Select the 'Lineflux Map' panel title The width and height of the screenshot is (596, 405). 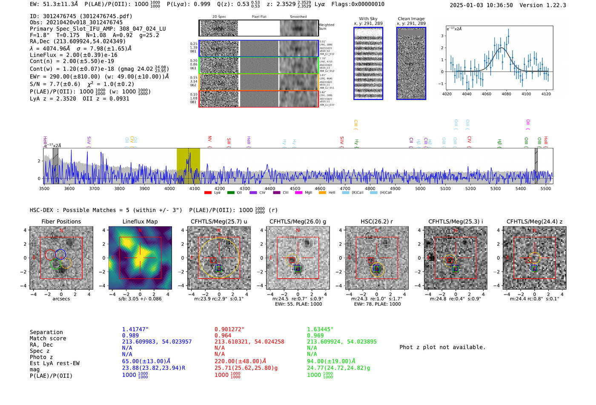pos(140,221)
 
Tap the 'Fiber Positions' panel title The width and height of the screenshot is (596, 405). pos(61,221)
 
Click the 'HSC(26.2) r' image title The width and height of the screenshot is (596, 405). pos(376,221)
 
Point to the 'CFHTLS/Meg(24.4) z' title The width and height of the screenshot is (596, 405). pos(534,221)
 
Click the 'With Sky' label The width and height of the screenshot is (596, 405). pos(368,19)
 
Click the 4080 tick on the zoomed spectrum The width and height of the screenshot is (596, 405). pos(506,94)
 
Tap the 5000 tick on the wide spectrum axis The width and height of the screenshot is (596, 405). pos(420,188)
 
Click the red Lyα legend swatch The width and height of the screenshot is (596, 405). pos(208,193)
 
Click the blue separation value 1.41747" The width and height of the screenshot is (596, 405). pos(135,329)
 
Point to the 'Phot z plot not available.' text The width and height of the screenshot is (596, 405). pos(442,347)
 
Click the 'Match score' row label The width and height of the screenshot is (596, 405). pos(48,339)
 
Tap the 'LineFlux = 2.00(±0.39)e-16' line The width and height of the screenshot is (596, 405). pos(73,55)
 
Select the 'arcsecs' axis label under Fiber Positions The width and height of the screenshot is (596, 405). pos(61,299)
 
